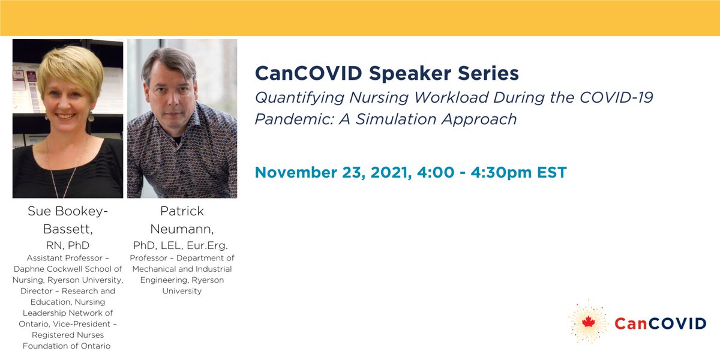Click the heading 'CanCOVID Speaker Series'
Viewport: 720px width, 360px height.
(386, 74)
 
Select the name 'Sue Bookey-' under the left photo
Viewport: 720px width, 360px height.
(68, 211)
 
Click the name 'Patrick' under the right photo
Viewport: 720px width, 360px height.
(182, 211)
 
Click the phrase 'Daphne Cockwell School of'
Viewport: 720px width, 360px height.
(67, 269)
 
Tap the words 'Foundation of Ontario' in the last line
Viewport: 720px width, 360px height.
(67, 346)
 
